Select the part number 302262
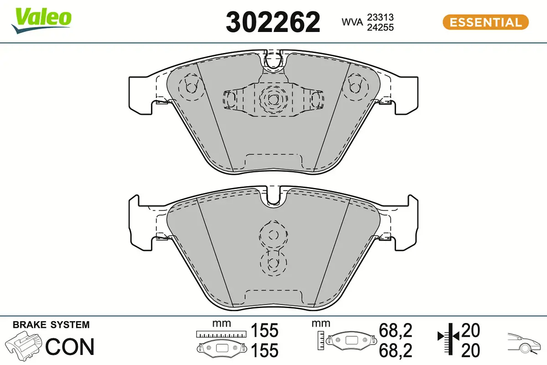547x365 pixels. [x=273, y=22]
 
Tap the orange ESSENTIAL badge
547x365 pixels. [x=485, y=22]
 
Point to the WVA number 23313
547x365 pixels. [x=380, y=17]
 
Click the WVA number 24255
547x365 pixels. [x=380, y=27]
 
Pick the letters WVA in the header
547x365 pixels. [x=352, y=22]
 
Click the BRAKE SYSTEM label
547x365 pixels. [x=51, y=325]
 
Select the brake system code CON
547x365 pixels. [x=70, y=347]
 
